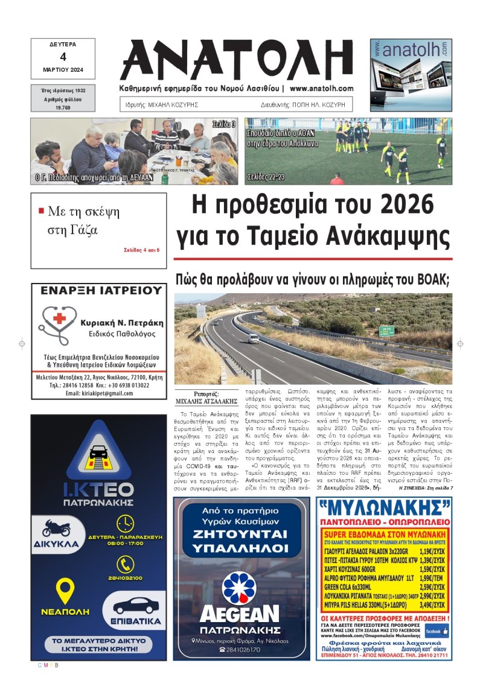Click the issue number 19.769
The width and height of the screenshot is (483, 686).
pyautogui.click(x=63, y=107)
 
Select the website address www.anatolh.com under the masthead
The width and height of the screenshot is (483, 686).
pyautogui.click(x=321, y=88)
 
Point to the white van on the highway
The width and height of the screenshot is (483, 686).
pyautogui.click(x=253, y=338)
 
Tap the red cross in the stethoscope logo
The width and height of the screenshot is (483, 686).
pyautogui.click(x=59, y=319)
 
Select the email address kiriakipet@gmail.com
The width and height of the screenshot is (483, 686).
pyautogui.click(x=100, y=393)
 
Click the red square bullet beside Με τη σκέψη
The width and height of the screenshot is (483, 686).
pyautogui.click(x=41, y=211)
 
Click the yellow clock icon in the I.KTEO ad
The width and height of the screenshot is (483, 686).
pyautogui.click(x=125, y=523)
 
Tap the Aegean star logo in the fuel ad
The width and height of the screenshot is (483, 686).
pyautogui.click(x=239, y=588)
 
